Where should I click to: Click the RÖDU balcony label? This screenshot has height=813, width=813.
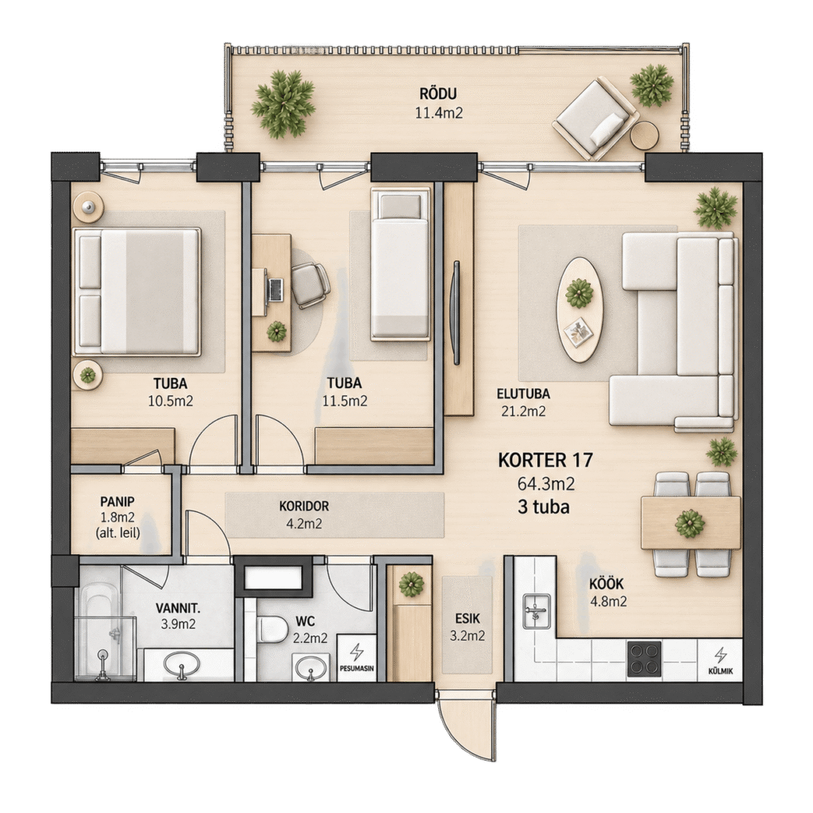(x=438, y=94)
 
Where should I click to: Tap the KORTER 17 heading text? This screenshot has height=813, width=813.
(x=545, y=460)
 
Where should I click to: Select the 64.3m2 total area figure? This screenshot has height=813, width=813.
(x=546, y=484)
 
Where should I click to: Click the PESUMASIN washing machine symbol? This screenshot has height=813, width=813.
(x=356, y=657)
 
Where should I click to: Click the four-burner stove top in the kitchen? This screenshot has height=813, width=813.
(x=645, y=659)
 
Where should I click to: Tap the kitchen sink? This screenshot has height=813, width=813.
(x=536, y=611)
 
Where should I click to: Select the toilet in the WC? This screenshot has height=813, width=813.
(x=272, y=628)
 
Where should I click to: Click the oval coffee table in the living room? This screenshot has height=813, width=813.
(x=580, y=310)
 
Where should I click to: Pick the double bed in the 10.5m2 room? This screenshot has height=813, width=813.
(x=137, y=292)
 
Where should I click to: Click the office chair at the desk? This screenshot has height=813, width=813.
(x=310, y=285)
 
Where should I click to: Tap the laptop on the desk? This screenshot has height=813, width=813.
(x=274, y=290)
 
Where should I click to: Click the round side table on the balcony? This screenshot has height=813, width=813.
(x=645, y=135)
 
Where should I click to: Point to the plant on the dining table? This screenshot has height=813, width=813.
(x=690, y=523)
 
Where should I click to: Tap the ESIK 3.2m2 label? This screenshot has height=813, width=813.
(x=467, y=627)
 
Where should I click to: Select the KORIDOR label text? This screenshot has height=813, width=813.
(x=304, y=506)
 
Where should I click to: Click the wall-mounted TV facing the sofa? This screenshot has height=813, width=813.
(x=456, y=313)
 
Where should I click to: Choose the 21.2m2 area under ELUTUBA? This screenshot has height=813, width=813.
(x=523, y=411)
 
